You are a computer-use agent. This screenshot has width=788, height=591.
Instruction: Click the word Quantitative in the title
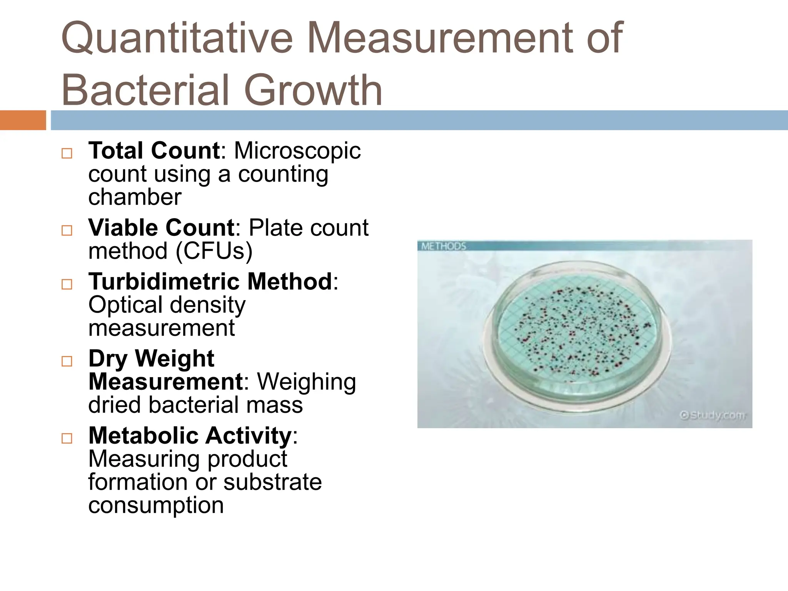177,38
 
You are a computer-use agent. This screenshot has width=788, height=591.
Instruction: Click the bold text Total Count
154,150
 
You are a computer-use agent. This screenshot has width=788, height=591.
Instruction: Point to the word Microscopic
297,150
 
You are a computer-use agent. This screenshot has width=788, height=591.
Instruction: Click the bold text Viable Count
161,228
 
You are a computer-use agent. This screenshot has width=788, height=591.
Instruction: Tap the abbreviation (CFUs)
214,251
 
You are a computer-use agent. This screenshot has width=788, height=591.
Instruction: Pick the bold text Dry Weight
151,359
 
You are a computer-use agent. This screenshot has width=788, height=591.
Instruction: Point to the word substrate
272,482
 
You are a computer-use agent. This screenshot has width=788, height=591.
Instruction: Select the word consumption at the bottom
156,505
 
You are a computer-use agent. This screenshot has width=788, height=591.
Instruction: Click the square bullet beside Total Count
67,154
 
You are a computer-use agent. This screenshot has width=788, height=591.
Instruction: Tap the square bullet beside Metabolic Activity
67,438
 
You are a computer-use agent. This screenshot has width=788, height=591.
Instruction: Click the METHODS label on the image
443,246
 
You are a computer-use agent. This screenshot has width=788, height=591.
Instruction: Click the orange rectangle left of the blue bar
23,120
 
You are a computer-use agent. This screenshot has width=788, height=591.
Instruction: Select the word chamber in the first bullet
135,197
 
